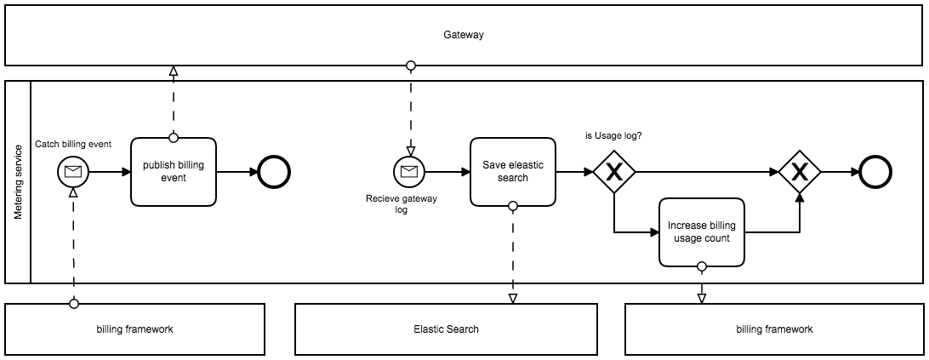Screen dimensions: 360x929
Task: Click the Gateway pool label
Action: [x=464, y=35]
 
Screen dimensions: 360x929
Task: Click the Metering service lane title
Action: [x=18, y=182]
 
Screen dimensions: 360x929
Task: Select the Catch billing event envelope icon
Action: [x=73, y=173]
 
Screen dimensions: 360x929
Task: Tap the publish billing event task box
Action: [x=174, y=172]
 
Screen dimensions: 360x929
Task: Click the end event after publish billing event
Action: [x=275, y=173]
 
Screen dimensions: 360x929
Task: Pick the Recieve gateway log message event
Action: [x=409, y=173]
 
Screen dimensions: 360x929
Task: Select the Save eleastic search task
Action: [x=512, y=172]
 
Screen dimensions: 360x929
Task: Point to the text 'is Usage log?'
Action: [x=613, y=135]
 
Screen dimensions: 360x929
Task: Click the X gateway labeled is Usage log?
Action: [x=613, y=173]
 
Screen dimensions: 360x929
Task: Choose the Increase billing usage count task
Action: [x=701, y=231]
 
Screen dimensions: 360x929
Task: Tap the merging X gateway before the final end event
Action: [x=800, y=173]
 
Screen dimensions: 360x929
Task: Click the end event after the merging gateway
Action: [x=875, y=173]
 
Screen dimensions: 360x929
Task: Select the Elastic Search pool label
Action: [x=446, y=329]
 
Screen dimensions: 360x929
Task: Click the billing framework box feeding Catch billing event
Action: [x=134, y=329]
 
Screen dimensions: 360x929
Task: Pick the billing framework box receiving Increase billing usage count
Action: [x=774, y=329]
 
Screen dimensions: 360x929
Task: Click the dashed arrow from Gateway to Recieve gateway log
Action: [x=410, y=111]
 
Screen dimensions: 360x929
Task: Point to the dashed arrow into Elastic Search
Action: [x=512, y=255]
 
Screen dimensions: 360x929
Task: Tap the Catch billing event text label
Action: [x=73, y=144]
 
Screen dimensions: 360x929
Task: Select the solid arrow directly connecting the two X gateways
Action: [x=706, y=173]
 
